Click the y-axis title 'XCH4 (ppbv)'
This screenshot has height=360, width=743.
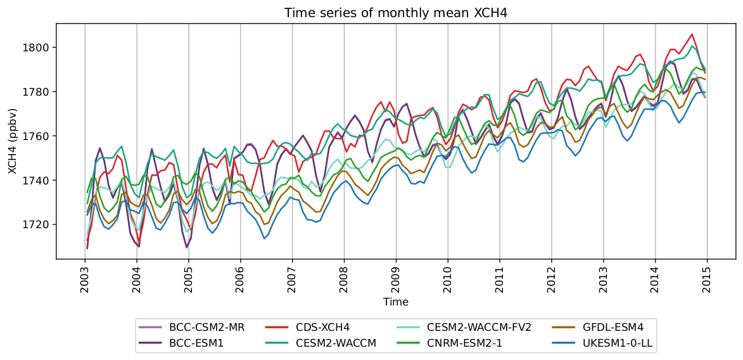click(x=12, y=141)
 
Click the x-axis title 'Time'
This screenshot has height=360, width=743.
click(x=395, y=302)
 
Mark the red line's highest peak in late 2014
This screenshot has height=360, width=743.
click(x=692, y=34)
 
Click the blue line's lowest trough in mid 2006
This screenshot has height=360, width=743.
click(x=264, y=238)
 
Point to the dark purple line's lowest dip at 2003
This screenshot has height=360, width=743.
click(x=87, y=248)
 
